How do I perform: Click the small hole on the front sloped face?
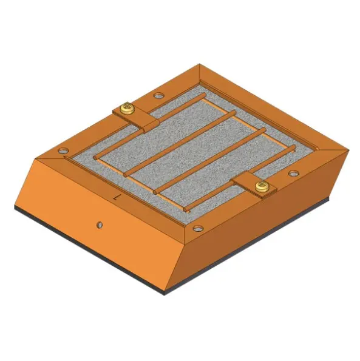pos(98,225)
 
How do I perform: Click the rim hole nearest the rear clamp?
pos(159,95)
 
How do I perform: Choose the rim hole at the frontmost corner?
pos(198,229)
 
